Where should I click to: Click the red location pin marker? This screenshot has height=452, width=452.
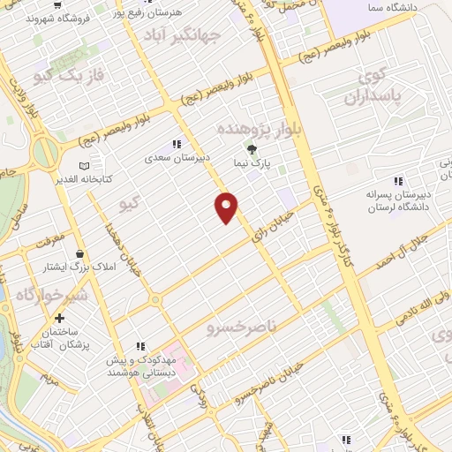pyautogui.click(x=227, y=207)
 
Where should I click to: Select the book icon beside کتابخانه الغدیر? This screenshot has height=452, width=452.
pyautogui.click(x=84, y=165)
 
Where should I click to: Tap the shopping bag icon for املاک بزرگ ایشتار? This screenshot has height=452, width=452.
pyautogui.click(x=80, y=252)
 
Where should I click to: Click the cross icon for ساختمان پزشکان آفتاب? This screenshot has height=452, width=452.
pyautogui.click(x=59, y=318)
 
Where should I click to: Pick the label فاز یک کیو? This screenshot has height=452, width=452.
pyautogui.click(x=68, y=77)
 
